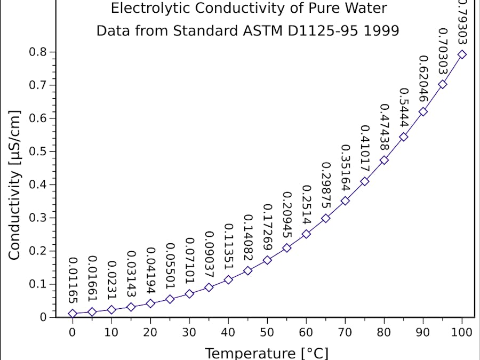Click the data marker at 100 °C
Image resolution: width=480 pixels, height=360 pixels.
(462, 54)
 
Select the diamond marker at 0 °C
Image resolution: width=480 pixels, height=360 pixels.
(73, 314)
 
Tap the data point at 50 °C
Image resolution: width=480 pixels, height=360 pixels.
(267, 260)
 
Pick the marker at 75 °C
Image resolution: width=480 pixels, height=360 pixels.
(365, 181)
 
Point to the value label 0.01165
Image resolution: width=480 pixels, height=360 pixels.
(74, 279)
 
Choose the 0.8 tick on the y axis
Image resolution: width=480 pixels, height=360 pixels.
(39, 52)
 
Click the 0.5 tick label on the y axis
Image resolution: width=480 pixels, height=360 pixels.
(39, 151)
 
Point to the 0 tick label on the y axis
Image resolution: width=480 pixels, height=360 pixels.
(44, 317)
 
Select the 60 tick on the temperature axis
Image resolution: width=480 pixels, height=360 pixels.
(306, 332)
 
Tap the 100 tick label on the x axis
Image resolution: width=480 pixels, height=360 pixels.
(462, 332)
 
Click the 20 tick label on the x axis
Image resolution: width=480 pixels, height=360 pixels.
(150, 332)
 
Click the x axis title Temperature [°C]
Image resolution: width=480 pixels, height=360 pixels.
(267, 353)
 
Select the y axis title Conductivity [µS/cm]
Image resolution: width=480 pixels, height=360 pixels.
(14, 185)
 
